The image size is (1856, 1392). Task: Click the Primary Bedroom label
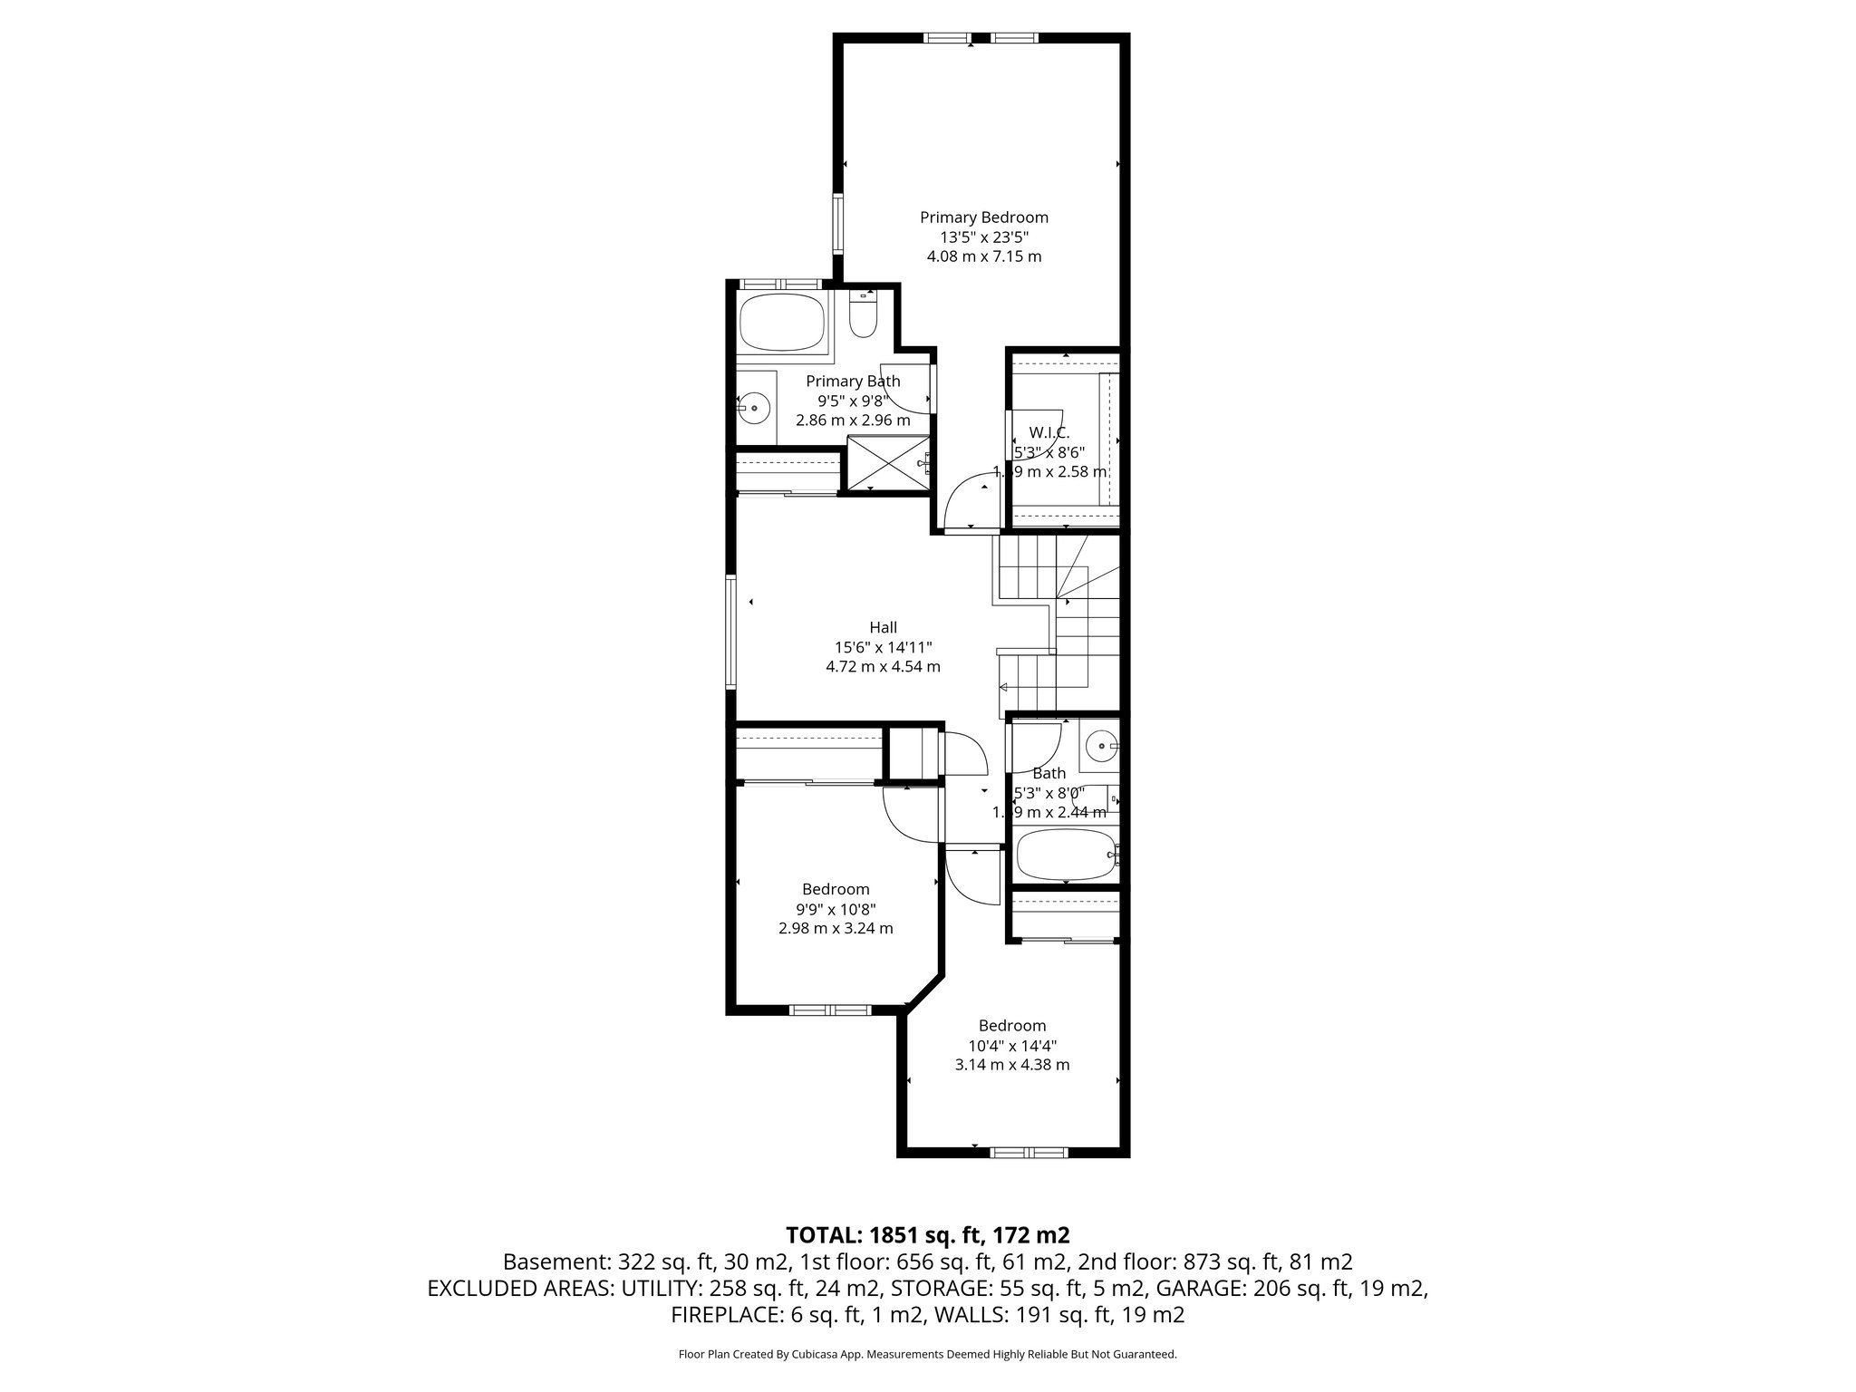[983, 217]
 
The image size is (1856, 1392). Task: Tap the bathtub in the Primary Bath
[781, 323]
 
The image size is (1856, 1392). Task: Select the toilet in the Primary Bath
[862, 317]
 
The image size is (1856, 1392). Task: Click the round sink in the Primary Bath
[753, 408]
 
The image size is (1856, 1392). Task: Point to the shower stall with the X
[886, 463]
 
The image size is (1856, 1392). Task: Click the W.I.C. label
[1049, 433]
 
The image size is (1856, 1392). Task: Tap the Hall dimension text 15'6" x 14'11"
[883, 647]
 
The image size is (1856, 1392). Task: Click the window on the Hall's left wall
[730, 631]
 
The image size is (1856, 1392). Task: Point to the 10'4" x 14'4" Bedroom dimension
[1011, 1045]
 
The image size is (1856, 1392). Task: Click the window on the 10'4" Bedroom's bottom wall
[1029, 1153]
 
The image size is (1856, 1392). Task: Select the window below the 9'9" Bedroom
[829, 1010]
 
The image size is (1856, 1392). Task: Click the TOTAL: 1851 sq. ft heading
[927, 1234]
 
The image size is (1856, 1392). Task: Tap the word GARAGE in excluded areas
[1206, 1288]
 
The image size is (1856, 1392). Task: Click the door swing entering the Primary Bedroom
[971, 504]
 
